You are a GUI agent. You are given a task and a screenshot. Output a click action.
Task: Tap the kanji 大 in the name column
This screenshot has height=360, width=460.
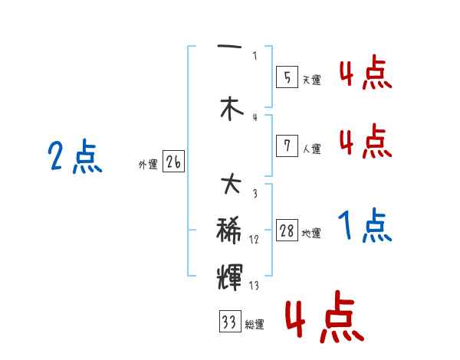(x=230, y=185)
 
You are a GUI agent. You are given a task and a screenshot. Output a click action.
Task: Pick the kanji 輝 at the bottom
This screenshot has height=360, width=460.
(x=230, y=273)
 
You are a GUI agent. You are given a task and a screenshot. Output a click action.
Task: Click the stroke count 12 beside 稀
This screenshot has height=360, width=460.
(x=254, y=240)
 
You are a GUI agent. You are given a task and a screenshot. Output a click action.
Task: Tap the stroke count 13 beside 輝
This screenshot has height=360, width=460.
(x=254, y=286)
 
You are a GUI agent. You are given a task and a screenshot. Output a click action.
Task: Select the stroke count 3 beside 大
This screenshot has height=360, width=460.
(x=255, y=194)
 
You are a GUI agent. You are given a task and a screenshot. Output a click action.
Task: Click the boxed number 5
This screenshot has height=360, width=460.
(x=287, y=77)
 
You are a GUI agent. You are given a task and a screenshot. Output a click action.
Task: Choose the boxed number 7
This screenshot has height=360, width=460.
(x=287, y=146)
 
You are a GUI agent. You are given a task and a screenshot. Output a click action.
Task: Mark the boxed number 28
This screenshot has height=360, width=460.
(x=287, y=231)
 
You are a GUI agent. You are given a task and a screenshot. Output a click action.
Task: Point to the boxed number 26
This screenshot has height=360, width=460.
(x=173, y=162)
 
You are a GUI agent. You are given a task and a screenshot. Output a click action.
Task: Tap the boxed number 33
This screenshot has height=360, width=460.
(x=229, y=322)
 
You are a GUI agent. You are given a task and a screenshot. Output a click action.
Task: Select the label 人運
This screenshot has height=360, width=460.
(x=311, y=149)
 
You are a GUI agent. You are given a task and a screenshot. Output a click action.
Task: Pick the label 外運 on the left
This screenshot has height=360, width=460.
(x=148, y=165)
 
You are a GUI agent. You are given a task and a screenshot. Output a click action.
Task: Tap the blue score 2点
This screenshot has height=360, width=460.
(x=74, y=159)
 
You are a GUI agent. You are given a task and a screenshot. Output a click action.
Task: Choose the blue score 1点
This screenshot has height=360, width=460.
(x=365, y=227)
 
